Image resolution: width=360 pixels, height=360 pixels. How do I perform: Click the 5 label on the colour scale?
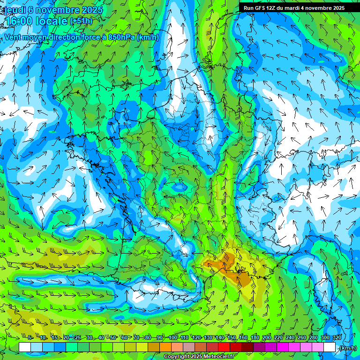(30, 338)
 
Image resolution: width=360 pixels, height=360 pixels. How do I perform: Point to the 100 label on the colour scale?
(173, 338)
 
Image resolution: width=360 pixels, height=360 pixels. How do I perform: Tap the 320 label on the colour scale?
(336, 338)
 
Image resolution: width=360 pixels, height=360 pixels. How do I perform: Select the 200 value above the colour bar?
(267, 338)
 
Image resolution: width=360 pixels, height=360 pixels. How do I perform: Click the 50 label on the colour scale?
(113, 338)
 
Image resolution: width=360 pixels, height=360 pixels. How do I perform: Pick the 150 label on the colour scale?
(232, 338)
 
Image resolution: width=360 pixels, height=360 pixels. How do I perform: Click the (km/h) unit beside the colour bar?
(348, 348)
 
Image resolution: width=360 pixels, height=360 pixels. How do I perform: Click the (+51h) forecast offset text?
(81, 21)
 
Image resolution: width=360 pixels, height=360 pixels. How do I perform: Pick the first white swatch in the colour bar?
(25, 347)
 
